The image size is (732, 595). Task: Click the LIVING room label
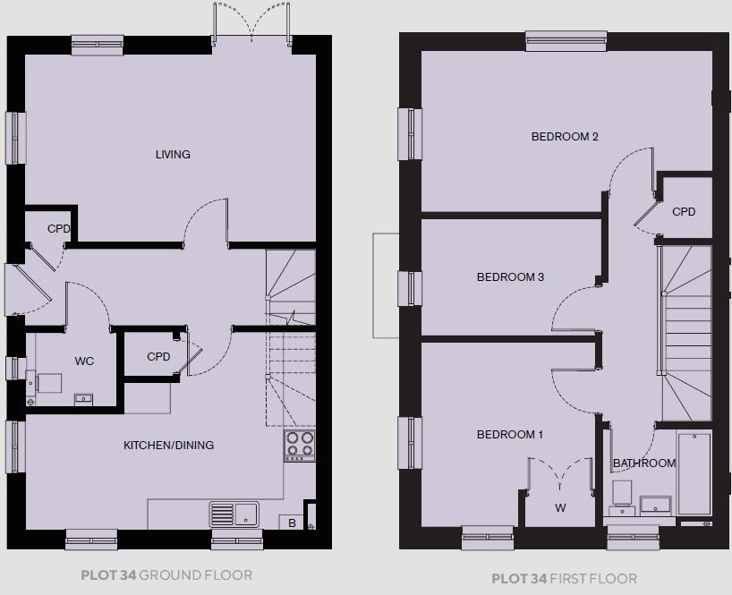point(173,155)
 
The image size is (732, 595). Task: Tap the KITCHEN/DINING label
point(168,446)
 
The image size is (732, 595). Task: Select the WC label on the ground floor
point(84,361)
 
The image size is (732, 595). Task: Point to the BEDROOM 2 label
point(564,137)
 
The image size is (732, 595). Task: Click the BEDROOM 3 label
point(510,277)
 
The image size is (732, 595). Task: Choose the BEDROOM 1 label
point(509,435)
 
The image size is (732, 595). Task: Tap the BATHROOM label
point(643,463)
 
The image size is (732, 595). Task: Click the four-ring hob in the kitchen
point(300,445)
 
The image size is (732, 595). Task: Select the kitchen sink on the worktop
point(234,514)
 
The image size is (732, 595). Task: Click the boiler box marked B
point(291,523)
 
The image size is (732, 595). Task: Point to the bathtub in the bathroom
point(694,474)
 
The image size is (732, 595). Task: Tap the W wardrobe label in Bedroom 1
point(560,508)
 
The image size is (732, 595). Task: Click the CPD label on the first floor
point(684,212)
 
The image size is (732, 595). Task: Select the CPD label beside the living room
point(58,228)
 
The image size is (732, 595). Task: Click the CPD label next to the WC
point(158,357)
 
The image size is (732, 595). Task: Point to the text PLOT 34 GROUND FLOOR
point(166,575)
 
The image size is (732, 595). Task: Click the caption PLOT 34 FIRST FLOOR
point(564,579)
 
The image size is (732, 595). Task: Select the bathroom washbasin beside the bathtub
point(656,504)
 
